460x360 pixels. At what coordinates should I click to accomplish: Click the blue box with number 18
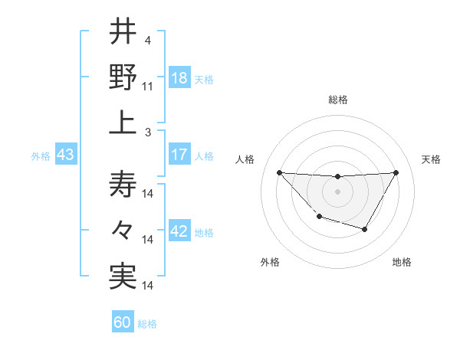[x=179, y=77]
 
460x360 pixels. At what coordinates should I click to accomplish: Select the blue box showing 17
[x=179, y=155]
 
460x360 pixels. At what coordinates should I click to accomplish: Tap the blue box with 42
[x=179, y=231]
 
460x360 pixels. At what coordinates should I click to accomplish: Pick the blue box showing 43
[x=65, y=155]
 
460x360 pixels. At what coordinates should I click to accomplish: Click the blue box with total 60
[x=123, y=322]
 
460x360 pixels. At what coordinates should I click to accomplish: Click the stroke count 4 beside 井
[x=147, y=41]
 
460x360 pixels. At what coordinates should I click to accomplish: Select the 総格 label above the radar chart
[x=337, y=100]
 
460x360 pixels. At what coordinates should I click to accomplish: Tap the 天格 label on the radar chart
[x=431, y=159]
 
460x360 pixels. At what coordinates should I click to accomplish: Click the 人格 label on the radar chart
[x=245, y=159]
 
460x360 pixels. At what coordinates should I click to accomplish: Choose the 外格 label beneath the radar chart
[x=269, y=262]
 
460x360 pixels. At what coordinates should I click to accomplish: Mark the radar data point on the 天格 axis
[x=396, y=172]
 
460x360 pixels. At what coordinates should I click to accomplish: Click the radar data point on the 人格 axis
[x=279, y=172]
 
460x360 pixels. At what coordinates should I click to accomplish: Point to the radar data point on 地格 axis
[x=365, y=229]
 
